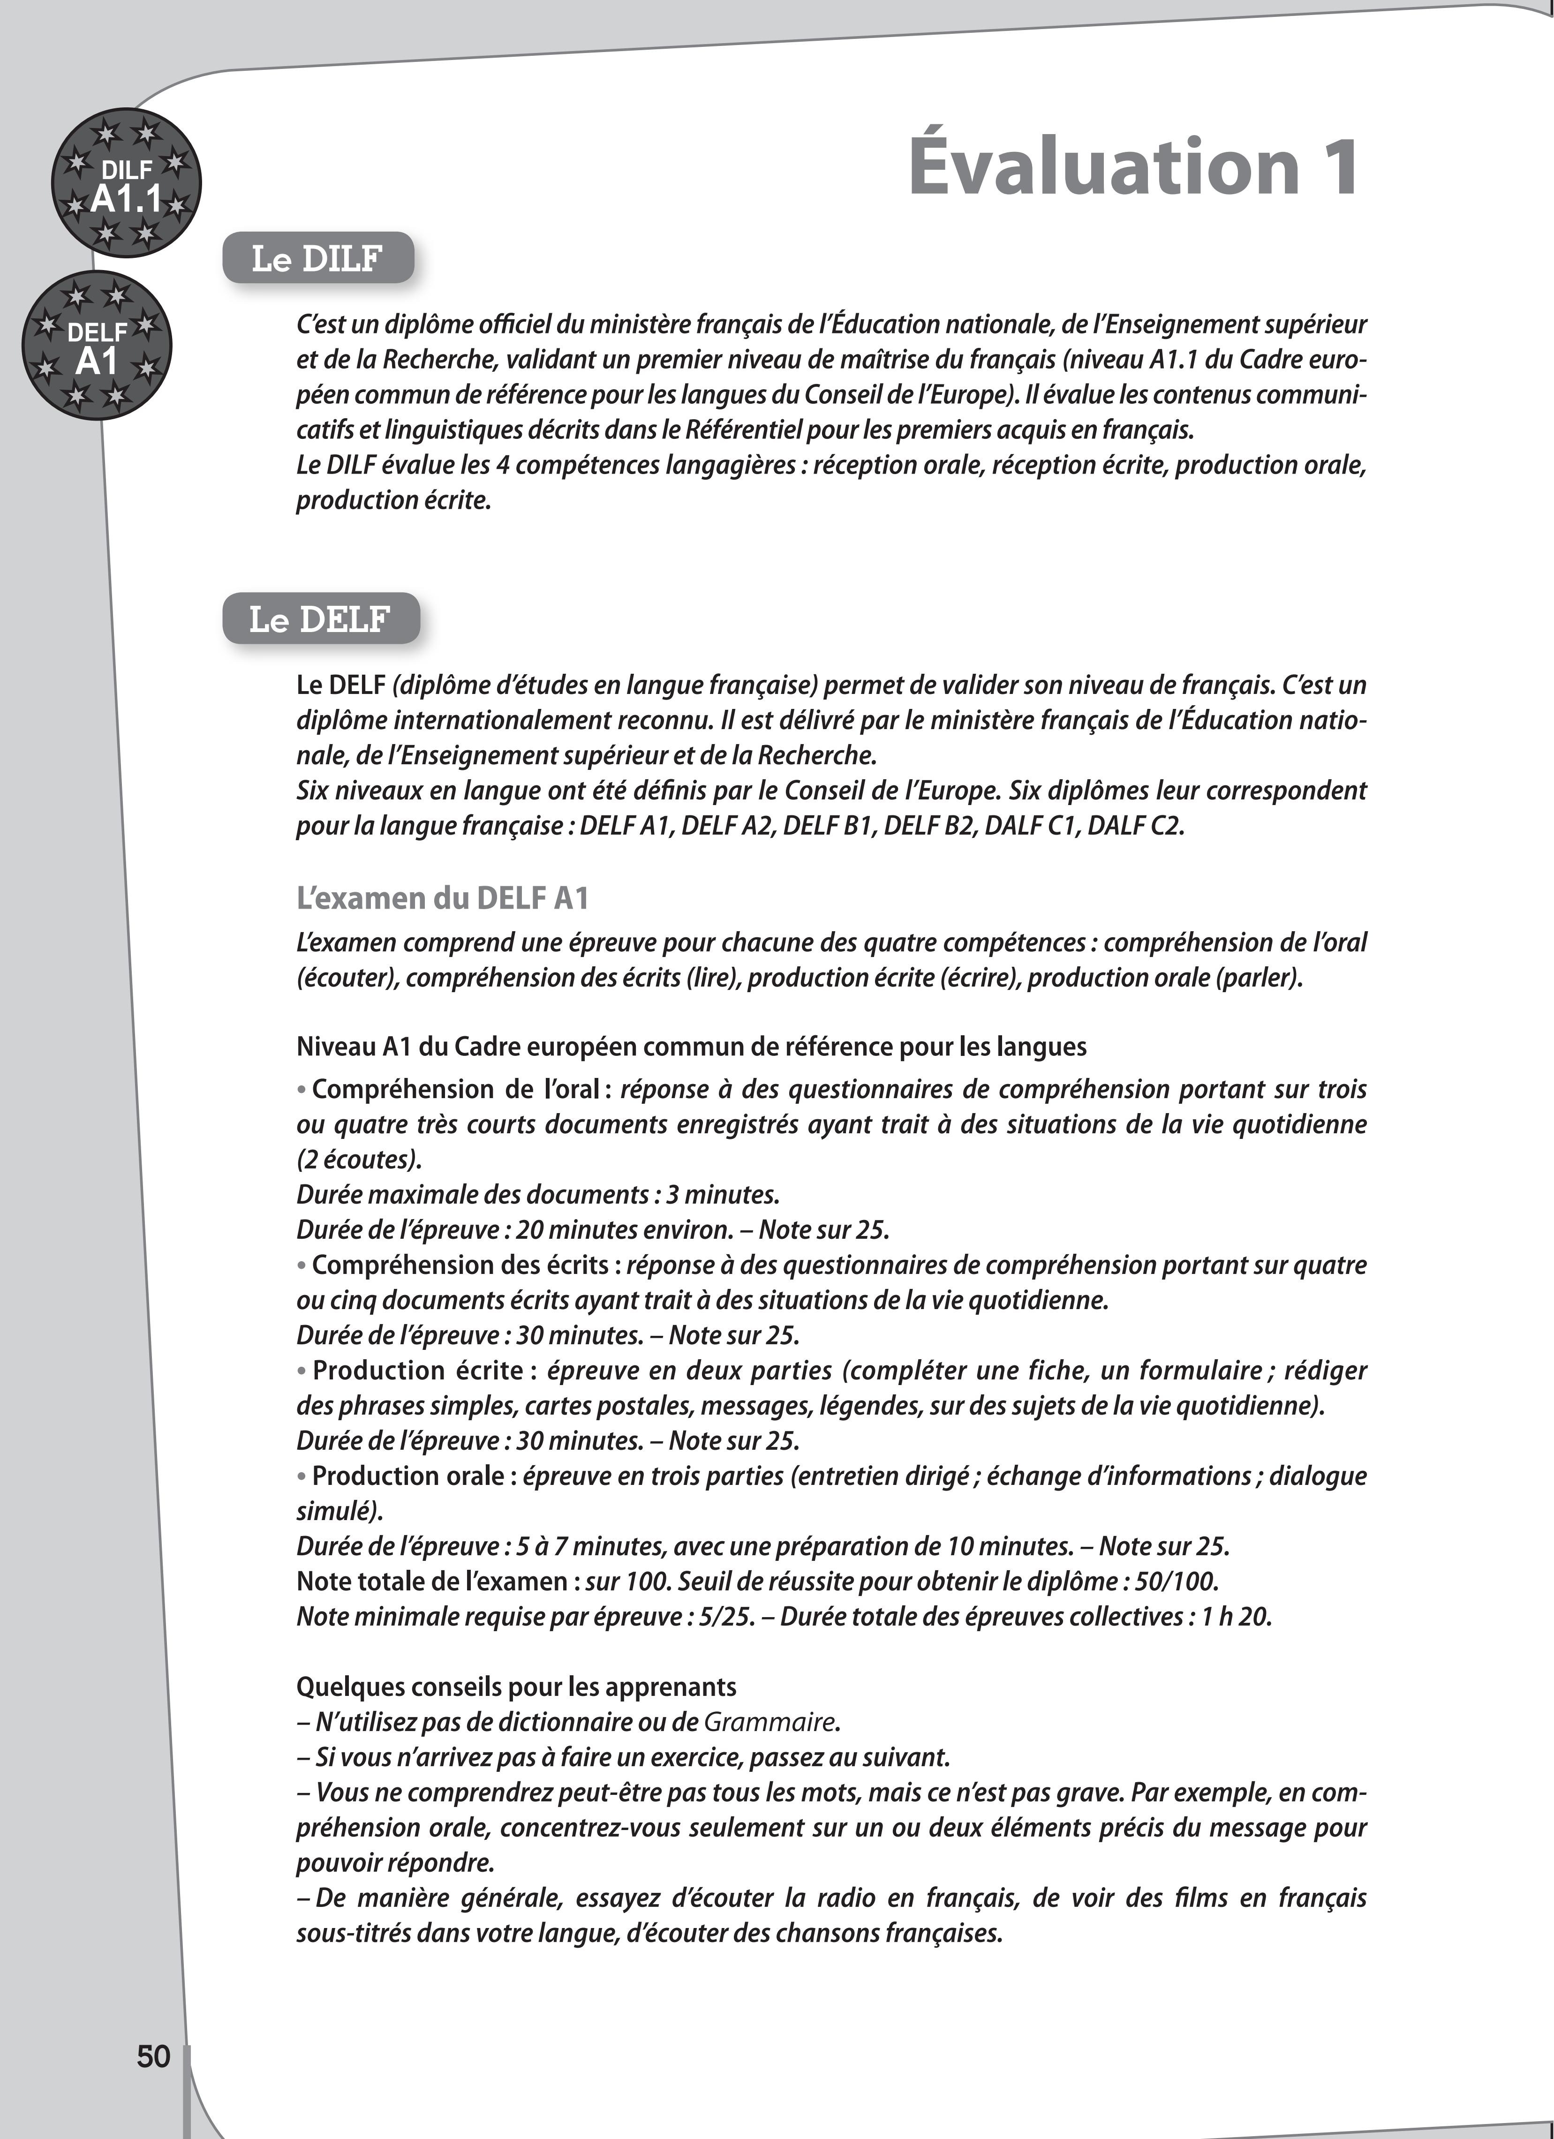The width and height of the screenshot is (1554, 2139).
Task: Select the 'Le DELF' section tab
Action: click(320, 619)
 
